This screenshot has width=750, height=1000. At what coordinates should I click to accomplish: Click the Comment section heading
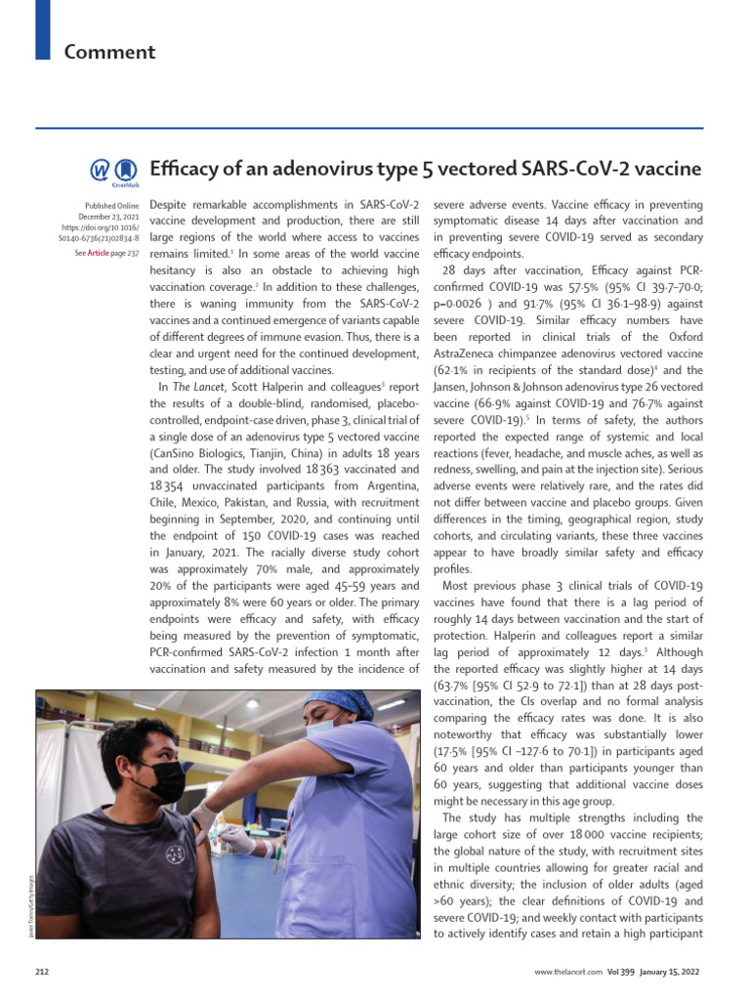[109, 52]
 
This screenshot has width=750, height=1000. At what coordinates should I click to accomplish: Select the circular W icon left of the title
[101, 171]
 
